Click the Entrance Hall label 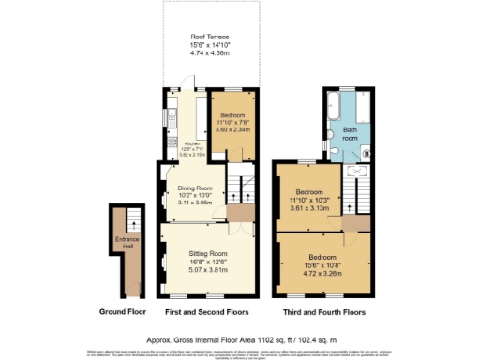click(x=126, y=244)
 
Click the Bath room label click(x=350, y=132)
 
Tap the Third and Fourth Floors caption click(x=323, y=311)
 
